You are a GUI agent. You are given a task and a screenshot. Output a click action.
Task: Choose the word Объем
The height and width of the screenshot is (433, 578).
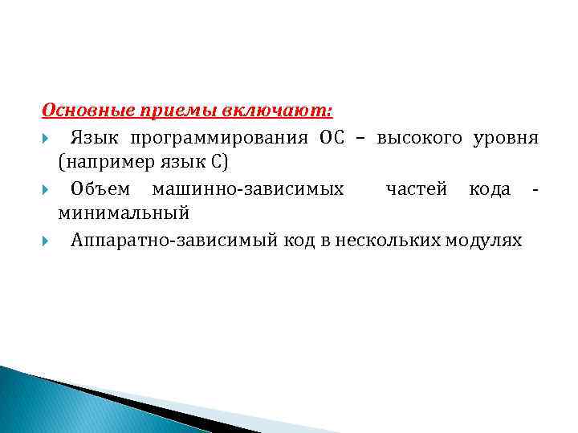(99, 188)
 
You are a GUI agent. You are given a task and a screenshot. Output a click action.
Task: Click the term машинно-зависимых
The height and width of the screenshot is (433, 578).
(248, 188)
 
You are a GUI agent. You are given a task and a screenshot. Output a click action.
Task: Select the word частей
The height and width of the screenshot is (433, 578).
(416, 188)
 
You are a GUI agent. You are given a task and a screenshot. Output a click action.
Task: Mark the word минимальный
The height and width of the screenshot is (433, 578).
(123, 214)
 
